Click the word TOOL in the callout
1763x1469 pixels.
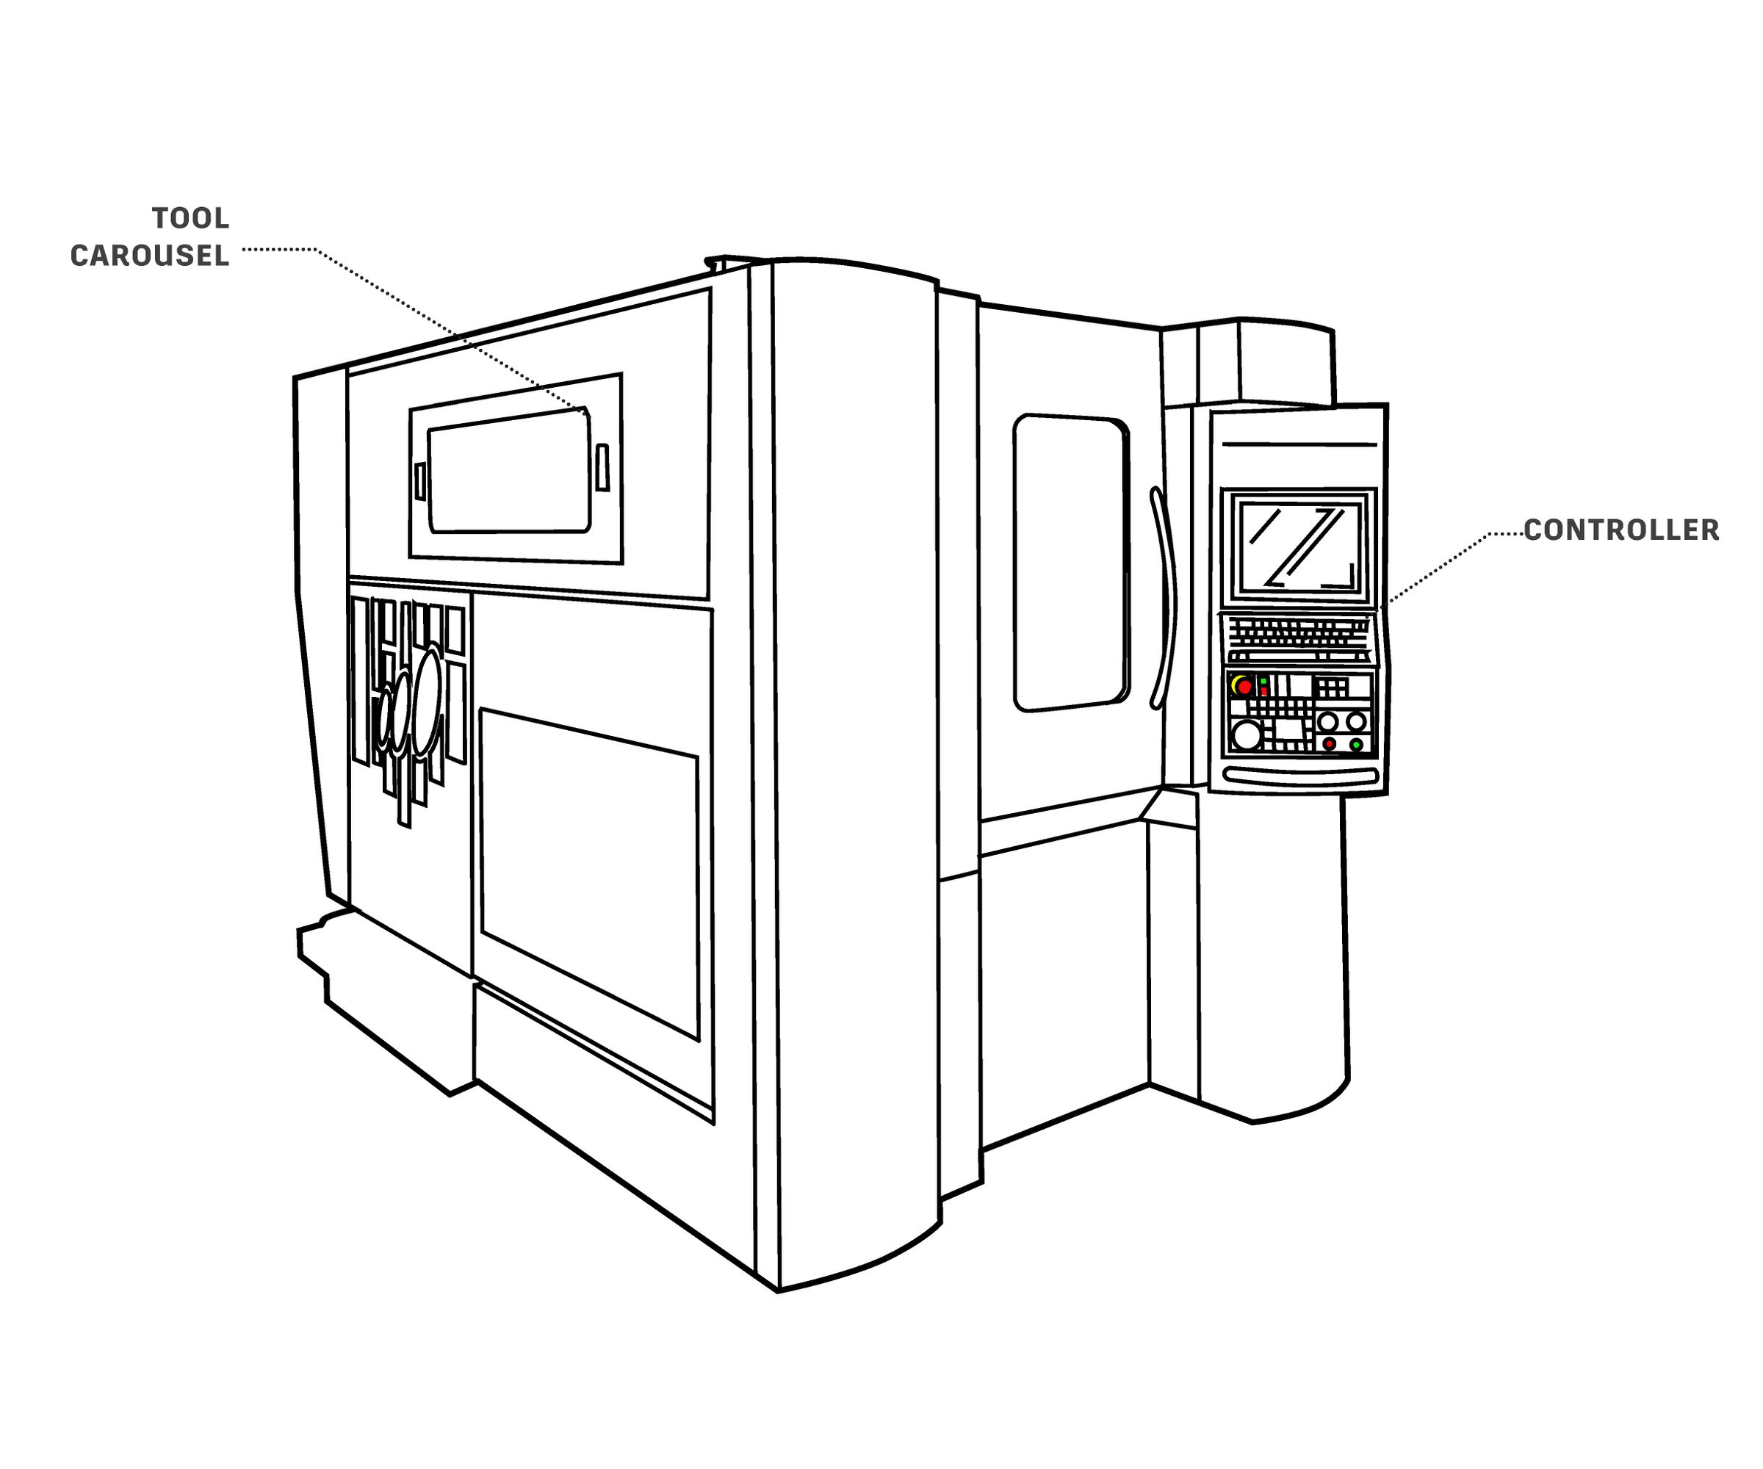coord(190,218)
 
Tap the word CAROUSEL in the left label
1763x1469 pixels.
coord(149,256)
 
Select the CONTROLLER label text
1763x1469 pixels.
coord(1621,530)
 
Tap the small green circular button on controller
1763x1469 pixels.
coord(1356,745)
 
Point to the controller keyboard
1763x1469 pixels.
coord(1298,638)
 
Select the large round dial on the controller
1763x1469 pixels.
coord(1247,735)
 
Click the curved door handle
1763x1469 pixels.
coord(1164,598)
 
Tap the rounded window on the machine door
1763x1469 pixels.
coord(1070,563)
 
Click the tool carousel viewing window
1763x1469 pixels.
coord(509,471)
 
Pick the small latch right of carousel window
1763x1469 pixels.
coord(602,468)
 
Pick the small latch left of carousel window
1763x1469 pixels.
coord(419,482)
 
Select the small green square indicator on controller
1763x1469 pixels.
coord(1263,681)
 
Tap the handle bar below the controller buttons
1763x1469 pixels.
coord(1300,776)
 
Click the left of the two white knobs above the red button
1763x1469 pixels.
coord(1327,721)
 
